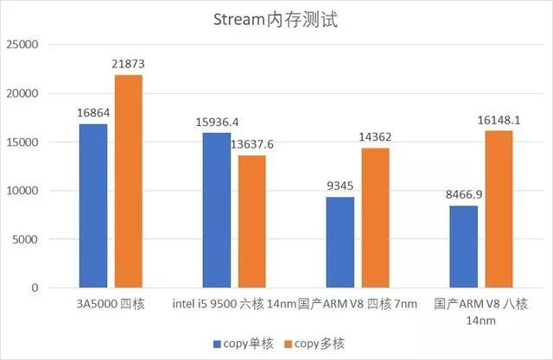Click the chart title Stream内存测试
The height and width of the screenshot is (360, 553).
tap(276, 20)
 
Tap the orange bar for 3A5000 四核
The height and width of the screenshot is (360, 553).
tap(128, 181)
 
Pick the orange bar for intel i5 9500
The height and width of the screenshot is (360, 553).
tap(251, 221)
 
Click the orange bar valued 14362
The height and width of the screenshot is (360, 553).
tap(375, 218)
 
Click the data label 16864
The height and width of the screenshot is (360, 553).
tap(92, 114)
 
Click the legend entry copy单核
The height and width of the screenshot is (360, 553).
tap(245, 344)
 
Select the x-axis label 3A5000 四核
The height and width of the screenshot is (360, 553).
tap(110, 304)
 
